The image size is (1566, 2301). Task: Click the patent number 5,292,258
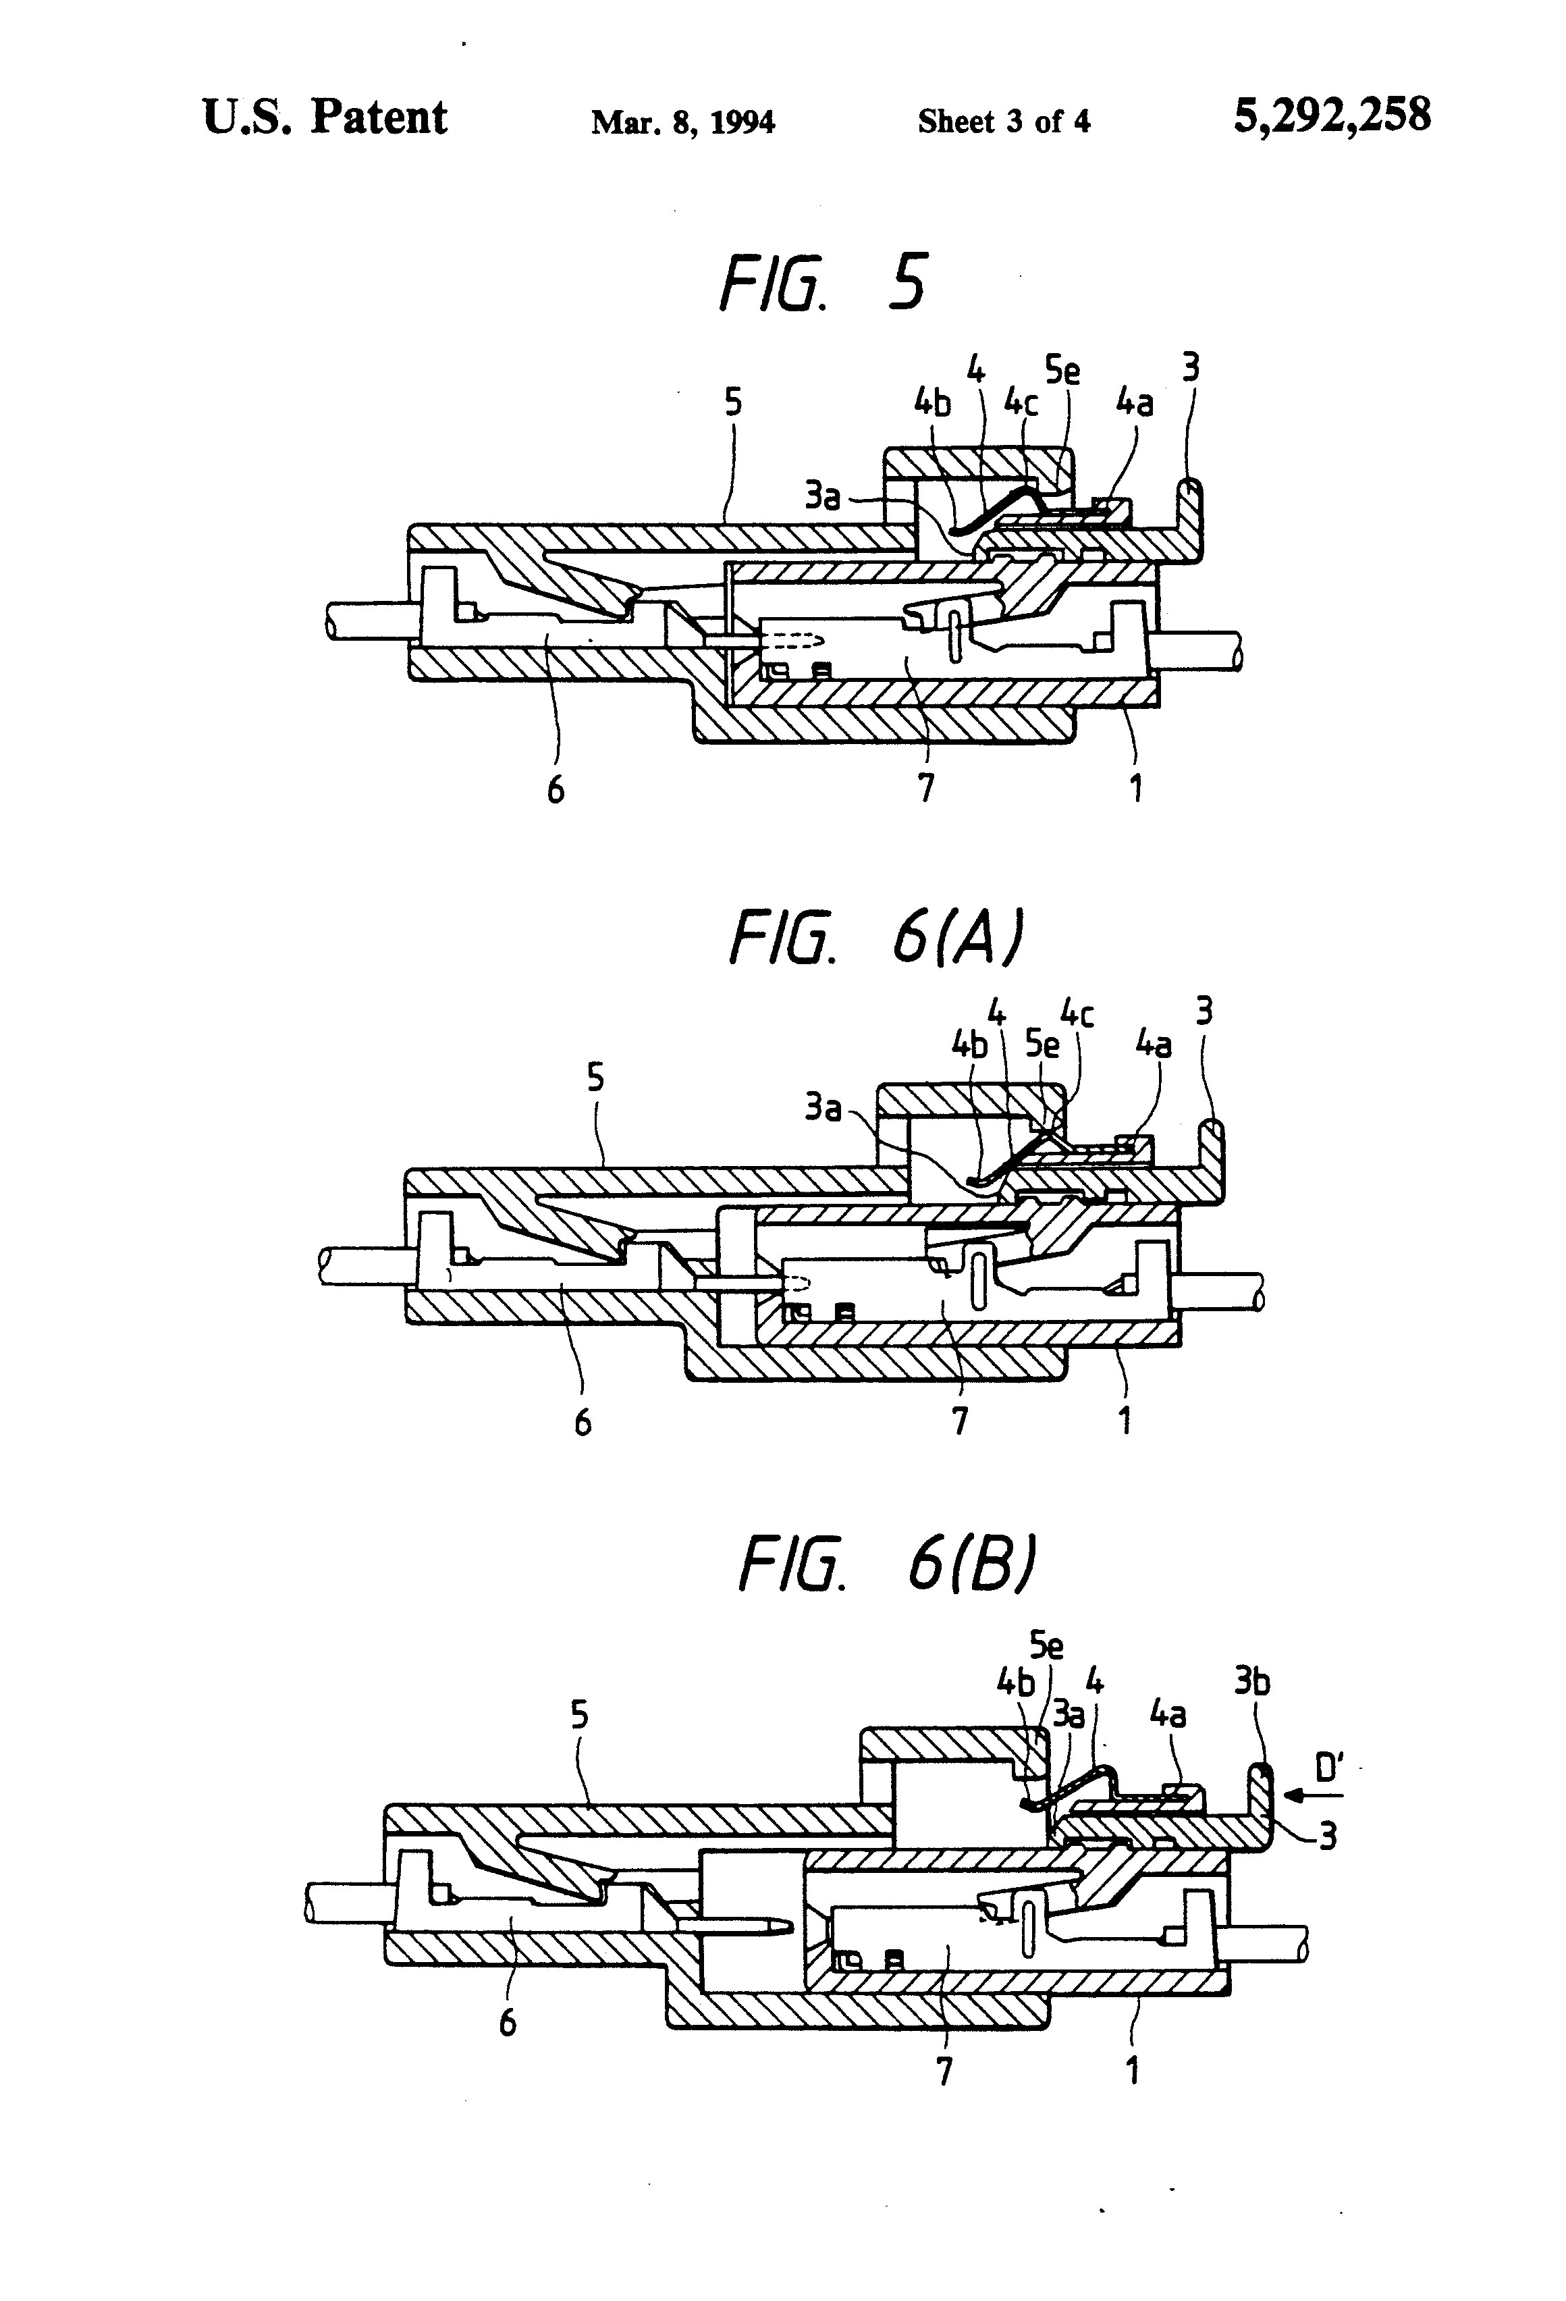(x=1331, y=116)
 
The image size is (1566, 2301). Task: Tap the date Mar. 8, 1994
(x=683, y=122)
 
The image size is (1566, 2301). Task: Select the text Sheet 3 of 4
(x=1004, y=122)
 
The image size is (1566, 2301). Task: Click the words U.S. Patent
(x=325, y=118)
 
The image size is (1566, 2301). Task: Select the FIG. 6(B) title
(x=888, y=1565)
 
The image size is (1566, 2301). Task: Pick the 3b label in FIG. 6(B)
(x=1252, y=1682)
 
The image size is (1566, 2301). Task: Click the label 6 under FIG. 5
(x=556, y=790)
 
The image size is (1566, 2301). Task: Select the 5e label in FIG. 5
(x=1062, y=371)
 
